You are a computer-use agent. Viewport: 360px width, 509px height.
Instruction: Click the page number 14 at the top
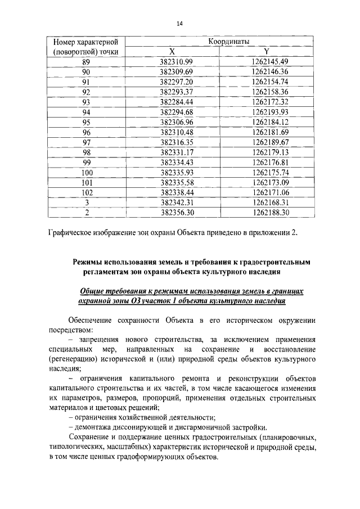pos(180,23)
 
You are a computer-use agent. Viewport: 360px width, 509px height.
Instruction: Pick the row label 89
pos(86,61)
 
